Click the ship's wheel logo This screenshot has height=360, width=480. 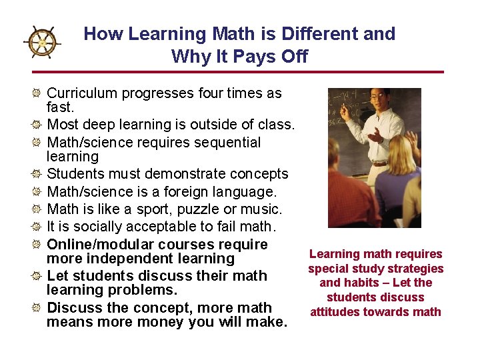(42, 43)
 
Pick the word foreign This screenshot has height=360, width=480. (190, 192)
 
